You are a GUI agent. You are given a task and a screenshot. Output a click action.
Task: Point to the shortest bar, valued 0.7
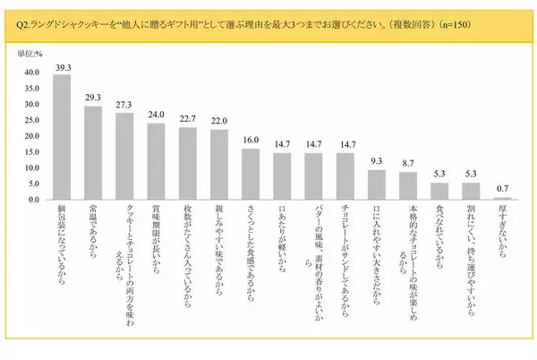click(502, 198)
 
